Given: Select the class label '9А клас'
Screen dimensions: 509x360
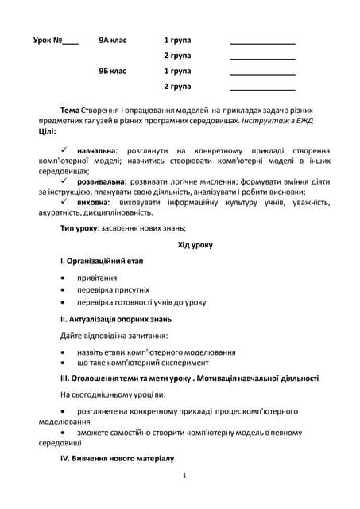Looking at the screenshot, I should pyautogui.click(x=113, y=40).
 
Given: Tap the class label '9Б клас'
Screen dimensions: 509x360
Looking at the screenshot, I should pyautogui.click(x=113, y=71).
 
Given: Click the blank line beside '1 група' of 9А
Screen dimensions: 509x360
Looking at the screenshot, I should pyautogui.click(x=262, y=42).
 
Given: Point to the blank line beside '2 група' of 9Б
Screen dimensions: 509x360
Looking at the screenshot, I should pyautogui.click(x=262, y=89).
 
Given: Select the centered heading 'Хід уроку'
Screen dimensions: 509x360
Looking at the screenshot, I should pyautogui.click(x=195, y=245).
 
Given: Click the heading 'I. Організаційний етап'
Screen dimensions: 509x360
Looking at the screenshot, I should pyautogui.click(x=102, y=261).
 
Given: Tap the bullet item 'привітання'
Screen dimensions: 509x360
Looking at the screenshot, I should pyautogui.click(x=97, y=278).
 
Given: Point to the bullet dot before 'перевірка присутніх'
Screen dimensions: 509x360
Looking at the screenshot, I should pyautogui.click(x=64, y=290).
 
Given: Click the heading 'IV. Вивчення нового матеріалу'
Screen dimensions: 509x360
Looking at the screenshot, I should pyautogui.click(x=117, y=459).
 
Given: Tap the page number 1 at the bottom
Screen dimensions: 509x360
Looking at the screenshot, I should pyautogui.click(x=184, y=476).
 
